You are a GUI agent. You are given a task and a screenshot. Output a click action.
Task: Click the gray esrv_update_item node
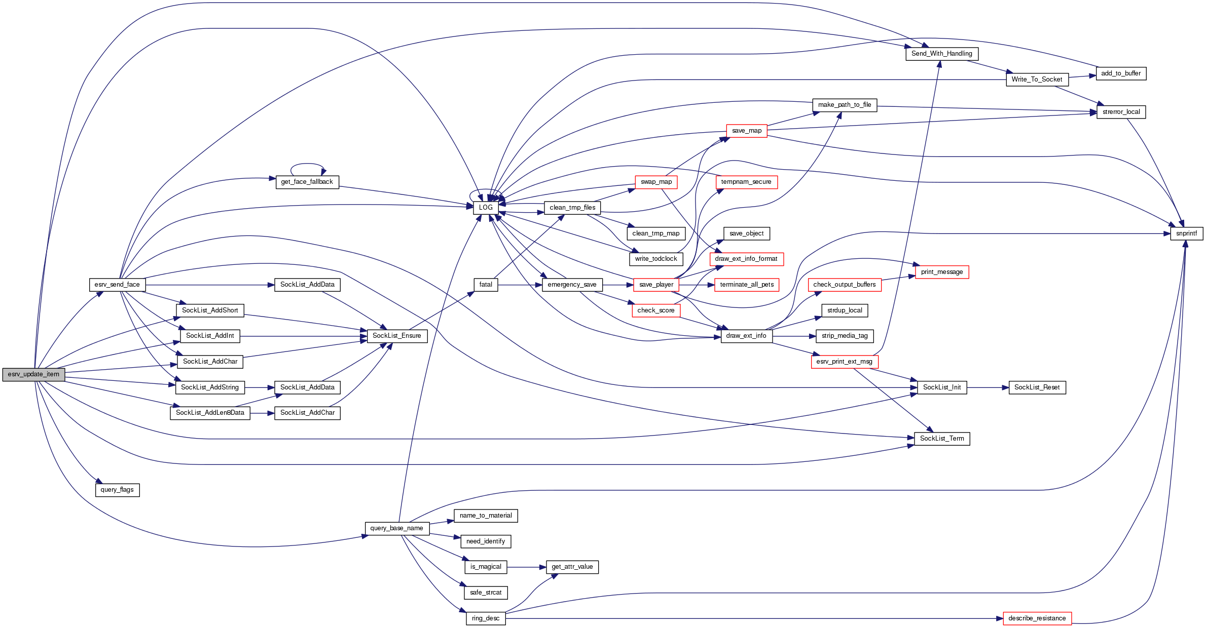pyautogui.click(x=33, y=375)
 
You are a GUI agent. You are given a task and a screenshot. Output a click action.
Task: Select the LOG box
pyautogui.click(x=485, y=208)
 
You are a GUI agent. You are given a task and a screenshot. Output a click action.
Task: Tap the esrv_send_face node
pyautogui.click(x=117, y=285)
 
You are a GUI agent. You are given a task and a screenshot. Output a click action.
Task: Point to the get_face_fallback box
pyautogui.click(x=307, y=182)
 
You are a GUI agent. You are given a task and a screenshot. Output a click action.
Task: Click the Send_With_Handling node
pyautogui.click(x=941, y=54)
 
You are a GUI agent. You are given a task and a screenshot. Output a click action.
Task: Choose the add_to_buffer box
pyautogui.click(x=1120, y=73)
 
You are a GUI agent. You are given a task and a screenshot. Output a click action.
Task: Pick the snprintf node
pyautogui.click(x=1186, y=233)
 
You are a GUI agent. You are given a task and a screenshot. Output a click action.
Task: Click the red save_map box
pyautogui.click(x=746, y=131)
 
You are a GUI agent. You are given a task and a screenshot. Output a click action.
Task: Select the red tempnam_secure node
pyautogui.click(x=746, y=182)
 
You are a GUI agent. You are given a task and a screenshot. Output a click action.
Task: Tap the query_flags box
pyautogui.click(x=117, y=490)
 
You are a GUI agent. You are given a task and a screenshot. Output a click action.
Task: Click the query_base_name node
pyautogui.click(x=396, y=528)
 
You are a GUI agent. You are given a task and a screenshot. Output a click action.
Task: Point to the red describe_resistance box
pyautogui.click(x=1037, y=618)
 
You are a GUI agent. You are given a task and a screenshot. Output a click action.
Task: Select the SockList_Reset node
pyautogui.click(x=1037, y=387)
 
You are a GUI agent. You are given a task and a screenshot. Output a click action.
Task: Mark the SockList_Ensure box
pyautogui.click(x=396, y=336)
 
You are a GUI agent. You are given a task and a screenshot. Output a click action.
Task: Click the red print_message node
pyautogui.click(x=941, y=272)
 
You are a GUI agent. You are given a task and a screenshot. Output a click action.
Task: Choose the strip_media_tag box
pyautogui.click(x=844, y=336)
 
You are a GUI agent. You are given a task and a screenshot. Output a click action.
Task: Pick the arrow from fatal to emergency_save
pyautogui.click(x=520, y=285)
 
